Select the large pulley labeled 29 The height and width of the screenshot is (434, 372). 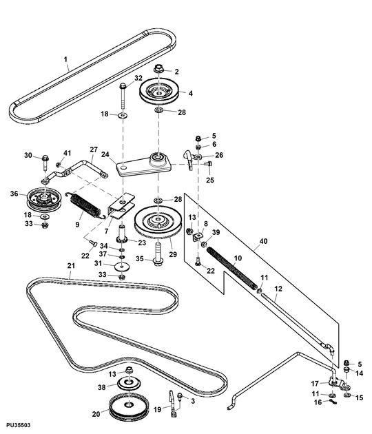158,223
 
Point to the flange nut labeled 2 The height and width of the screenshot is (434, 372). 158,70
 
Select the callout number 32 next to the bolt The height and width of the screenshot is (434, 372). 138,79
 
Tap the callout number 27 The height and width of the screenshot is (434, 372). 93,149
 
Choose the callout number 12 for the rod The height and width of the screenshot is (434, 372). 278,289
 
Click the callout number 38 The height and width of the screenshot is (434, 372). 101,387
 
